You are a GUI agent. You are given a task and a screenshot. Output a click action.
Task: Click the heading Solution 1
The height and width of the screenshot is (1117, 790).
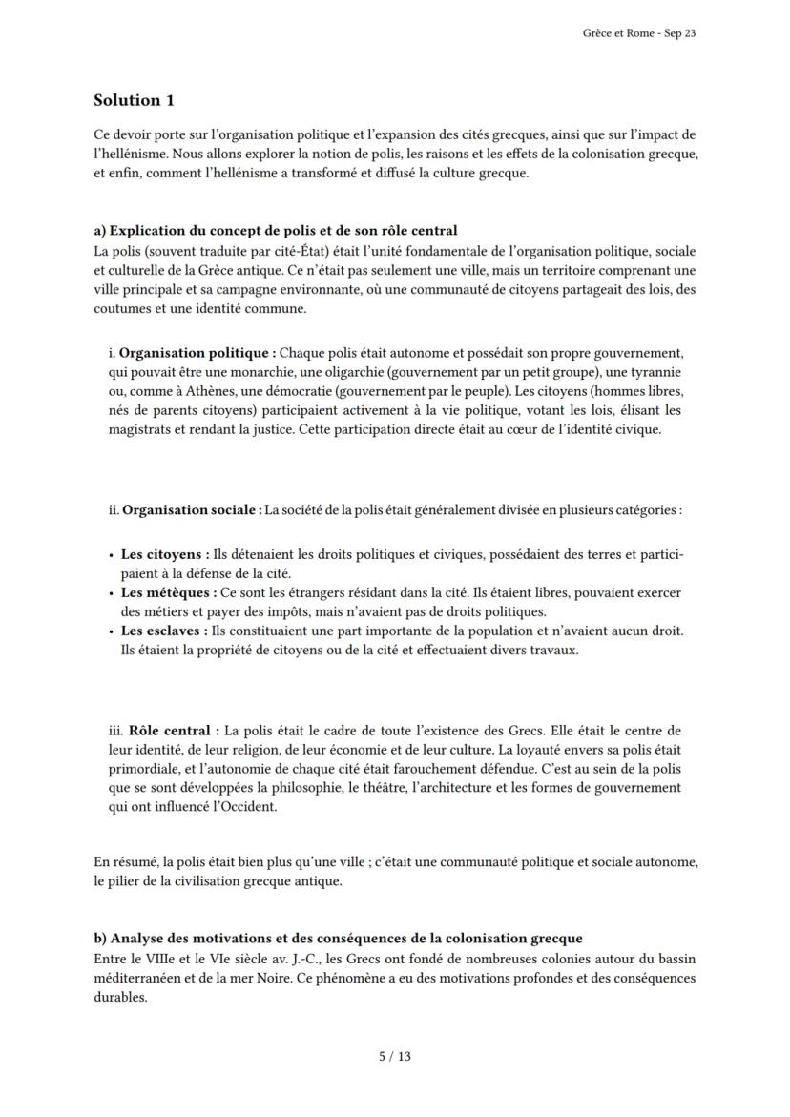(x=134, y=100)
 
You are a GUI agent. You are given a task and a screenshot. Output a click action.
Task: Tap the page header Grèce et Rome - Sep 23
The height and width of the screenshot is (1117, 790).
(x=638, y=33)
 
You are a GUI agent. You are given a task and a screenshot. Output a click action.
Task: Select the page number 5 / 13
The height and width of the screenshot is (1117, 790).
(x=395, y=1056)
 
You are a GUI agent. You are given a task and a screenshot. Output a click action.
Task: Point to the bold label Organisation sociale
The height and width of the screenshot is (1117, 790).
(x=192, y=509)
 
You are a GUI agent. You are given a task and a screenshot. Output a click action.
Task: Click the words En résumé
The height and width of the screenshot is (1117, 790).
(x=124, y=862)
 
